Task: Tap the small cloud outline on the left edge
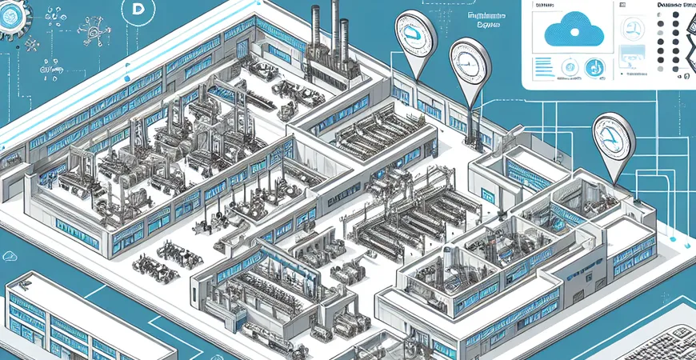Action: pos(10,256)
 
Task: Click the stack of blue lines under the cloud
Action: pos(543,68)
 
